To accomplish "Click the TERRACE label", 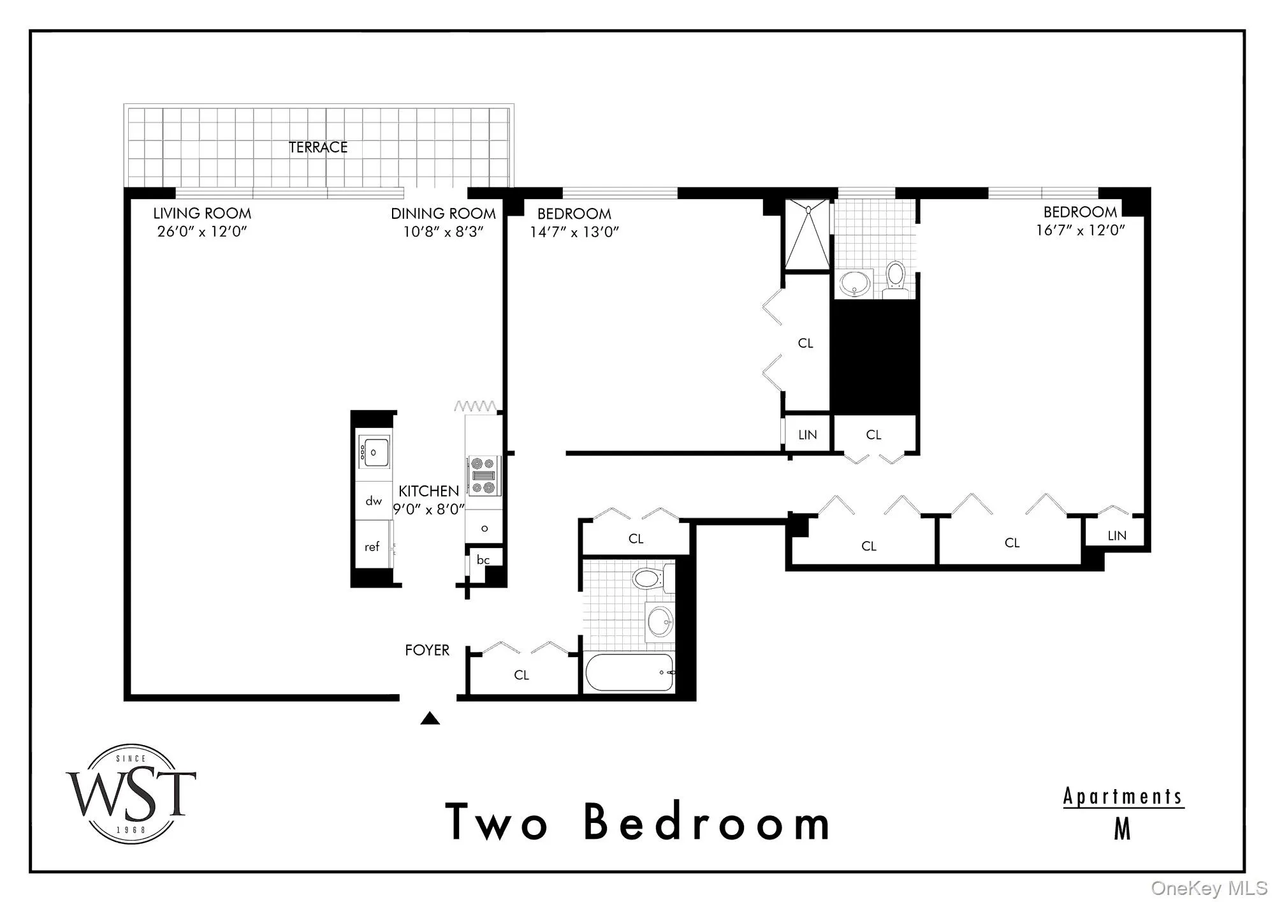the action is pos(318,147).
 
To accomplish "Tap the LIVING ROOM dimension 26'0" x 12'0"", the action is pos(201,232).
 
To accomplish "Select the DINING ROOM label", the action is pos(443,214).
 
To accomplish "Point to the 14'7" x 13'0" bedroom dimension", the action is pos(574,232).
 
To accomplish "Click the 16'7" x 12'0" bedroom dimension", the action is pos(1080,230).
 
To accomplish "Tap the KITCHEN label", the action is pos(428,491).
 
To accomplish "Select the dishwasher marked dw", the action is pos(374,501).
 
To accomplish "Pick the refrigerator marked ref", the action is pos(372,547).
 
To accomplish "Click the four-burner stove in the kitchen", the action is pos(484,476).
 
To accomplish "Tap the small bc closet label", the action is pos(483,560).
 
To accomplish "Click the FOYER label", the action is pos(427,650).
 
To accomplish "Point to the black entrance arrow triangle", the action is pos(430,719).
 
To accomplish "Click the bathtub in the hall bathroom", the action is pos(629,672).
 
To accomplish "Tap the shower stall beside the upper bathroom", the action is pos(808,234).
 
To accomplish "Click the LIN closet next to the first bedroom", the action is pos(807,435).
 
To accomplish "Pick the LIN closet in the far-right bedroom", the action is pos(1116,536).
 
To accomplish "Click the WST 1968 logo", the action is pos(131,794).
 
